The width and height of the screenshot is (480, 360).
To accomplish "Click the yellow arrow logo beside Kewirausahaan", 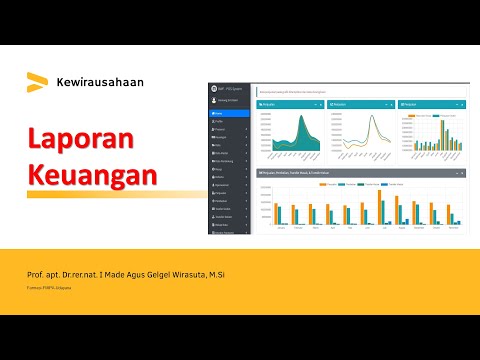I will coord(37,80).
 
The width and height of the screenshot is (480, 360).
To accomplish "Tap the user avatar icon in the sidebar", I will coord(214,100).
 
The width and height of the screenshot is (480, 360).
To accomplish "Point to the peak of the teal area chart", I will coord(304,117).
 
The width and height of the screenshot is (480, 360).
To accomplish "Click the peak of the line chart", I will coord(373,116).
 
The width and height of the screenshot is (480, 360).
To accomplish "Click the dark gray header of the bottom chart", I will coord(360,172).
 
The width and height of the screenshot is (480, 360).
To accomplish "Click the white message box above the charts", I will coord(360,90).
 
